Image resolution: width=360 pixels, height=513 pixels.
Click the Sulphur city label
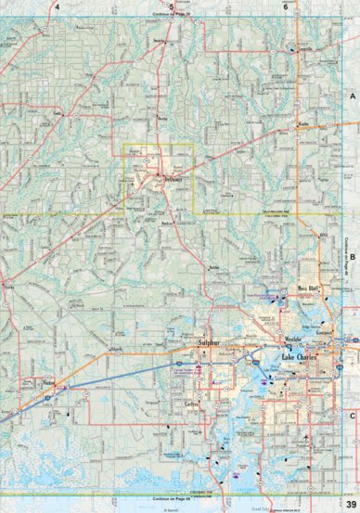(x=189, y=343)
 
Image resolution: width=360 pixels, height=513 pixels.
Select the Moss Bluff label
(x=307, y=289)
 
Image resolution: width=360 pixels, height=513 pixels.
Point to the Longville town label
(x=304, y=50)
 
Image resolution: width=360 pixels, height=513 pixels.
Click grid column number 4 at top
(x=57, y=6)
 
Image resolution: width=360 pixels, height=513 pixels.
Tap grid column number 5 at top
(x=172, y=6)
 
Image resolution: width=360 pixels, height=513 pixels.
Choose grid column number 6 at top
(x=286, y=6)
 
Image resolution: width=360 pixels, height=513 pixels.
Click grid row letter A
(x=353, y=96)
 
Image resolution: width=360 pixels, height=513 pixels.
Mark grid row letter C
(x=353, y=390)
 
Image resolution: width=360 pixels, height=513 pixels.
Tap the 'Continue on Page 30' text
(x=172, y=15)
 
